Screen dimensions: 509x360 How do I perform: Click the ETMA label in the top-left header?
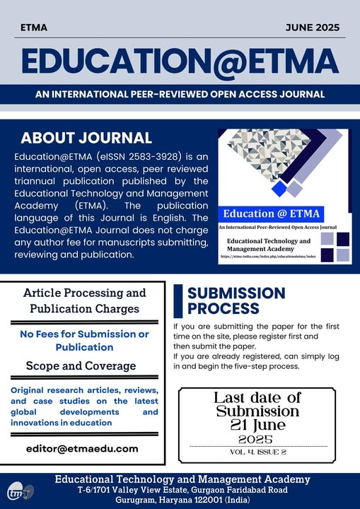(x=35, y=28)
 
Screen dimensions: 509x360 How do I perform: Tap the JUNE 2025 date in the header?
(x=313, y=28)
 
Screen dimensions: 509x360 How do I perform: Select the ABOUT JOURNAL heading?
(x=86, y=137)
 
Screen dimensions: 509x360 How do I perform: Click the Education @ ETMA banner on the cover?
(x=272, y=213)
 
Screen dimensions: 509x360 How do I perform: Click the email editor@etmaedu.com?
(x=82, y=448)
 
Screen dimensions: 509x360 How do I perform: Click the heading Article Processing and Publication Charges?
(x=85, y=300)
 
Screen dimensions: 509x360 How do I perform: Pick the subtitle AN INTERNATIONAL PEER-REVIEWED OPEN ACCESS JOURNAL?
(x=180, y=94)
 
